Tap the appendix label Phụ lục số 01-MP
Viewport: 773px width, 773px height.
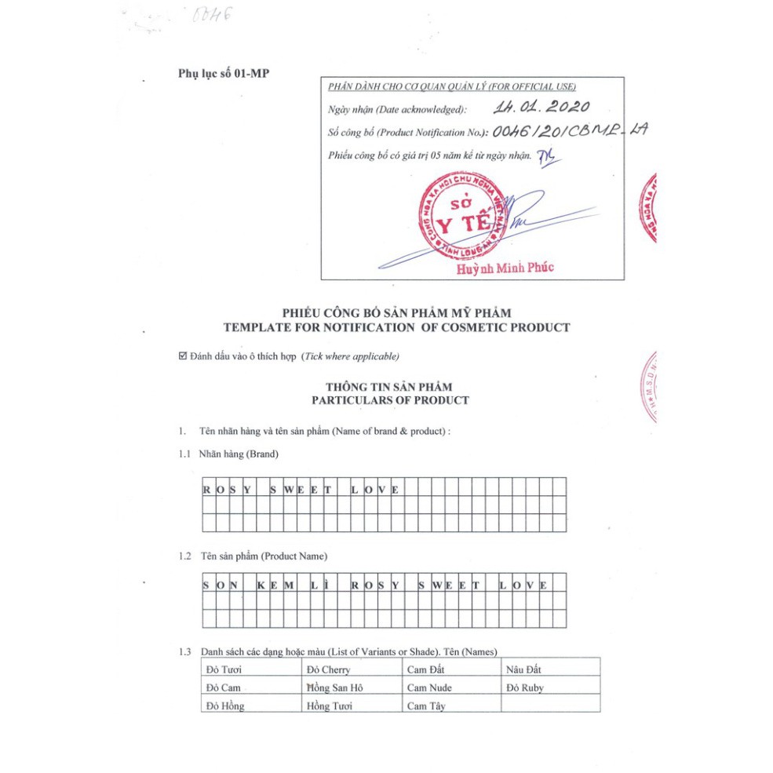tap(224, 74)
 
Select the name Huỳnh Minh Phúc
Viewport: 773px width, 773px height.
tap(505, 268)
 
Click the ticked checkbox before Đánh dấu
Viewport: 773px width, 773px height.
tap(183, 356)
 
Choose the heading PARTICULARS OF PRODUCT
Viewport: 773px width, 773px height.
tap(390, 400)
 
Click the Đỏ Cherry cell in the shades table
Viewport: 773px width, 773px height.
tap(329, 669)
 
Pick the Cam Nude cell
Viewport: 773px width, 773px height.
tap(429, 687)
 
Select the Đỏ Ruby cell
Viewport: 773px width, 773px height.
tap(525, 687)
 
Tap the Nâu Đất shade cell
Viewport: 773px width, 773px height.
tap(524, 669)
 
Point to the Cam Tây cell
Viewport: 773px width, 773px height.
tap(426, 706)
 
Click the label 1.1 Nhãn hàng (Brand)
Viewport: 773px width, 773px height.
tap(228, 454)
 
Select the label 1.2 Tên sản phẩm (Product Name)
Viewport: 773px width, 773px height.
tap(253, 556)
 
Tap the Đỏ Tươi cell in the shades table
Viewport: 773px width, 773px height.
tap(224, 669)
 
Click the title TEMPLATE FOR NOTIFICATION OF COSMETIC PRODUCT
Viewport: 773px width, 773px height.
tap(396, 327)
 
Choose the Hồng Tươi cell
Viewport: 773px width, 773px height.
tap(330, 706)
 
